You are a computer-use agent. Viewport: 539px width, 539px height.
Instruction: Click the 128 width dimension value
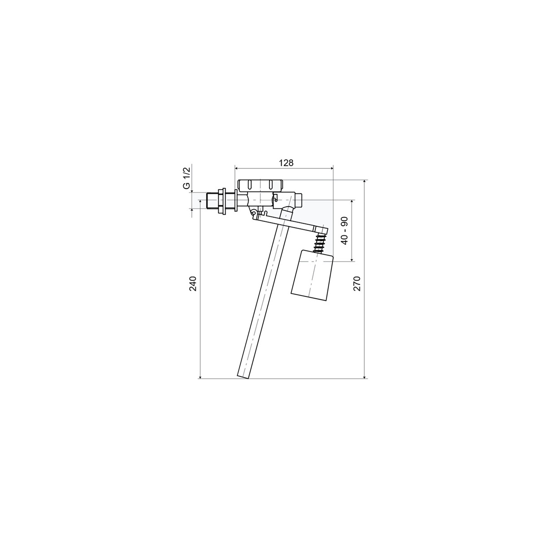[x=286, y=163]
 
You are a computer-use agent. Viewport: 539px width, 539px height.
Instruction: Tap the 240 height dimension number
[x=194, y=283]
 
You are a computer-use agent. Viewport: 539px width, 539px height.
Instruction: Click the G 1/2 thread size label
[x=187, y=177]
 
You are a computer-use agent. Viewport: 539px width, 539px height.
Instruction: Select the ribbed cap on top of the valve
[x=261, y=186]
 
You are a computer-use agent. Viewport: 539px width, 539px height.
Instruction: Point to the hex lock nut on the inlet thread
[x=222, y=201]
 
